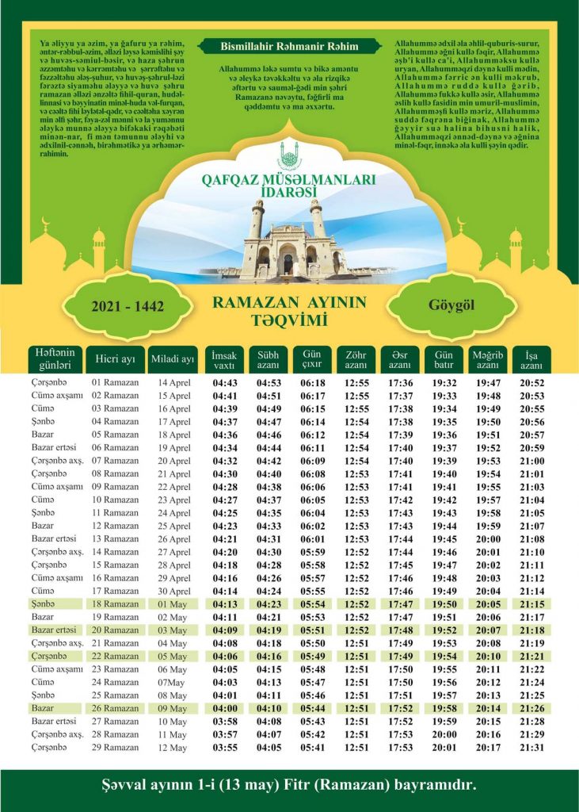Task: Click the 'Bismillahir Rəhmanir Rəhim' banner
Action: tap(288, 47)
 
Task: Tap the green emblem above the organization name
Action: tap(289, 152)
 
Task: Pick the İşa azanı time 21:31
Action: tap(531, 747)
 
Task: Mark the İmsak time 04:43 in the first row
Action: tap(225, 382)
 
